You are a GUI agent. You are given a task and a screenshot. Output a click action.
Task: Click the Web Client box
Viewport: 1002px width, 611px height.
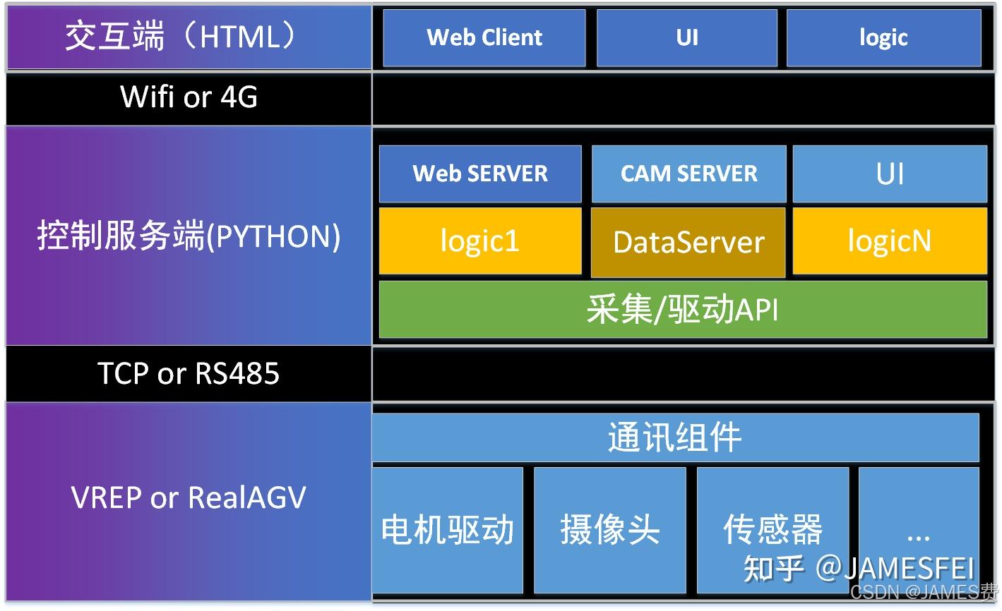484,37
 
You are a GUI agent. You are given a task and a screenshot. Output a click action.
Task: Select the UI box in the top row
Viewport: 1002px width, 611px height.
686,37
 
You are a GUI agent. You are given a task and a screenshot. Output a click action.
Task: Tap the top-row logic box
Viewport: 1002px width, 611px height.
883,37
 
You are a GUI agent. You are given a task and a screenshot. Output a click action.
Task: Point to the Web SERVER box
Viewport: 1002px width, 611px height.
480,174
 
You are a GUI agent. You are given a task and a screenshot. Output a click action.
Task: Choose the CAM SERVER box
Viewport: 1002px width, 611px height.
688,174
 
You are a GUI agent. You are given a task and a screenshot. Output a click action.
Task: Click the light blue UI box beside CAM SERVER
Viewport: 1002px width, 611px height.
890,174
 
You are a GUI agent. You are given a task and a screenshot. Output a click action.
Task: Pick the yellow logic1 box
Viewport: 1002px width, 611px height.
480,241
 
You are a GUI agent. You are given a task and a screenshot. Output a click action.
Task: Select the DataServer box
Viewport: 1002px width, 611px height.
688,242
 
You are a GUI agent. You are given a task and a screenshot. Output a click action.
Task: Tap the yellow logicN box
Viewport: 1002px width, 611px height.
890,241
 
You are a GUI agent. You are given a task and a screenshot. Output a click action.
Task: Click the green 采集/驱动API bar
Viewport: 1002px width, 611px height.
683,310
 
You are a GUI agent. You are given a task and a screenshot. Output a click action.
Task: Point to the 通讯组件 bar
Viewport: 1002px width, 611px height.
675,437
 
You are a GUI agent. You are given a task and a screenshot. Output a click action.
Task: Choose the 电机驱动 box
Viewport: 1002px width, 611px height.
448,530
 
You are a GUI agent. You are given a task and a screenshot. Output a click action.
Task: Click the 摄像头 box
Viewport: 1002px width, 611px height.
610,530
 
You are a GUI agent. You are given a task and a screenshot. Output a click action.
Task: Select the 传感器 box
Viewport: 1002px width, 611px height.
773,530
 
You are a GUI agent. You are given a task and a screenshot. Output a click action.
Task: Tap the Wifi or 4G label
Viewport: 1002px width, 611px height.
189,97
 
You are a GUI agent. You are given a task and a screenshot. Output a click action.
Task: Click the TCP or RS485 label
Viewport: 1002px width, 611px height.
189,374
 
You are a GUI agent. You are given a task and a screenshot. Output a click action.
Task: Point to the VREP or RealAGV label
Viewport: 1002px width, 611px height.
189,498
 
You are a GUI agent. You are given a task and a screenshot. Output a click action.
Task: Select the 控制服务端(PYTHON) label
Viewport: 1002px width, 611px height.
189,236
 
